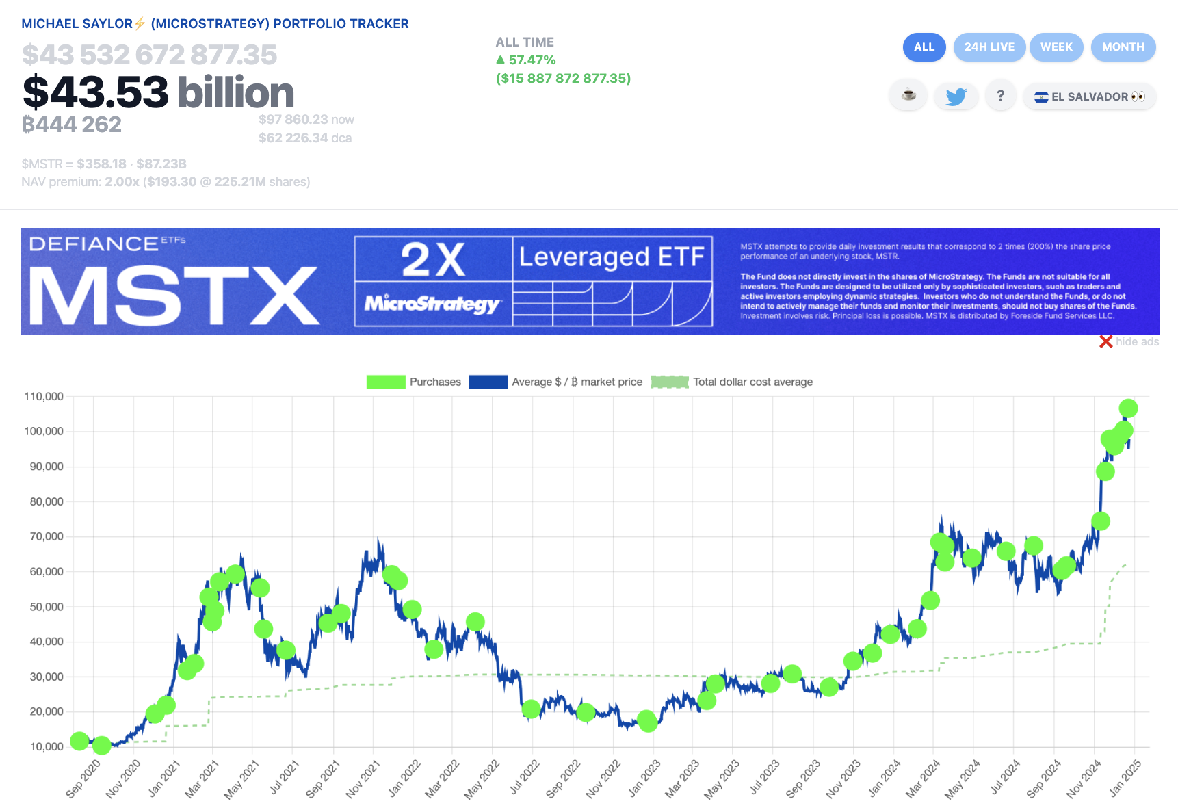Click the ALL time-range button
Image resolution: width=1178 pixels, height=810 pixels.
pos(924,47)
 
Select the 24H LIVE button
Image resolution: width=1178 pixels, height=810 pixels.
pos(989,47)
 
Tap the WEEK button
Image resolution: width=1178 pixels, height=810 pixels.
pos(1056,47)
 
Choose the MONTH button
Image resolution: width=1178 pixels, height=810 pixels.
pos(1123,47)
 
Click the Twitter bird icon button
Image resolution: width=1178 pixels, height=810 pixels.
pos(956,96)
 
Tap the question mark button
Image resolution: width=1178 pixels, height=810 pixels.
pos(1000,96)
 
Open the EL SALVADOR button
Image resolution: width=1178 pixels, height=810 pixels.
pos(1090,96)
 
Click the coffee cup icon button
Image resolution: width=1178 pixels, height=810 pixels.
pos(908,95)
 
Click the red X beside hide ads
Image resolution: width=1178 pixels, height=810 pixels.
pos(1105,341)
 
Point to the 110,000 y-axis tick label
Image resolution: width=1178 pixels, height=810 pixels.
pos(44,396)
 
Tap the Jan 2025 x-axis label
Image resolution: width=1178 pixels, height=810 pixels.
pos(1125,778)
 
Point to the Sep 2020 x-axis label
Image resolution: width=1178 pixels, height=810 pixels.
pos(83,779)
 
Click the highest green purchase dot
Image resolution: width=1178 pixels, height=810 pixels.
pos(1128,408)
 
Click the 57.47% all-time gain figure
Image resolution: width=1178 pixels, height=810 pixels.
pos(532,60)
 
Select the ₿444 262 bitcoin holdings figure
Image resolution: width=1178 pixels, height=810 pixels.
pos(72,125)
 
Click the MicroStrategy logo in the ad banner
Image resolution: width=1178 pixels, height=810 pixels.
pos(433,303)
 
